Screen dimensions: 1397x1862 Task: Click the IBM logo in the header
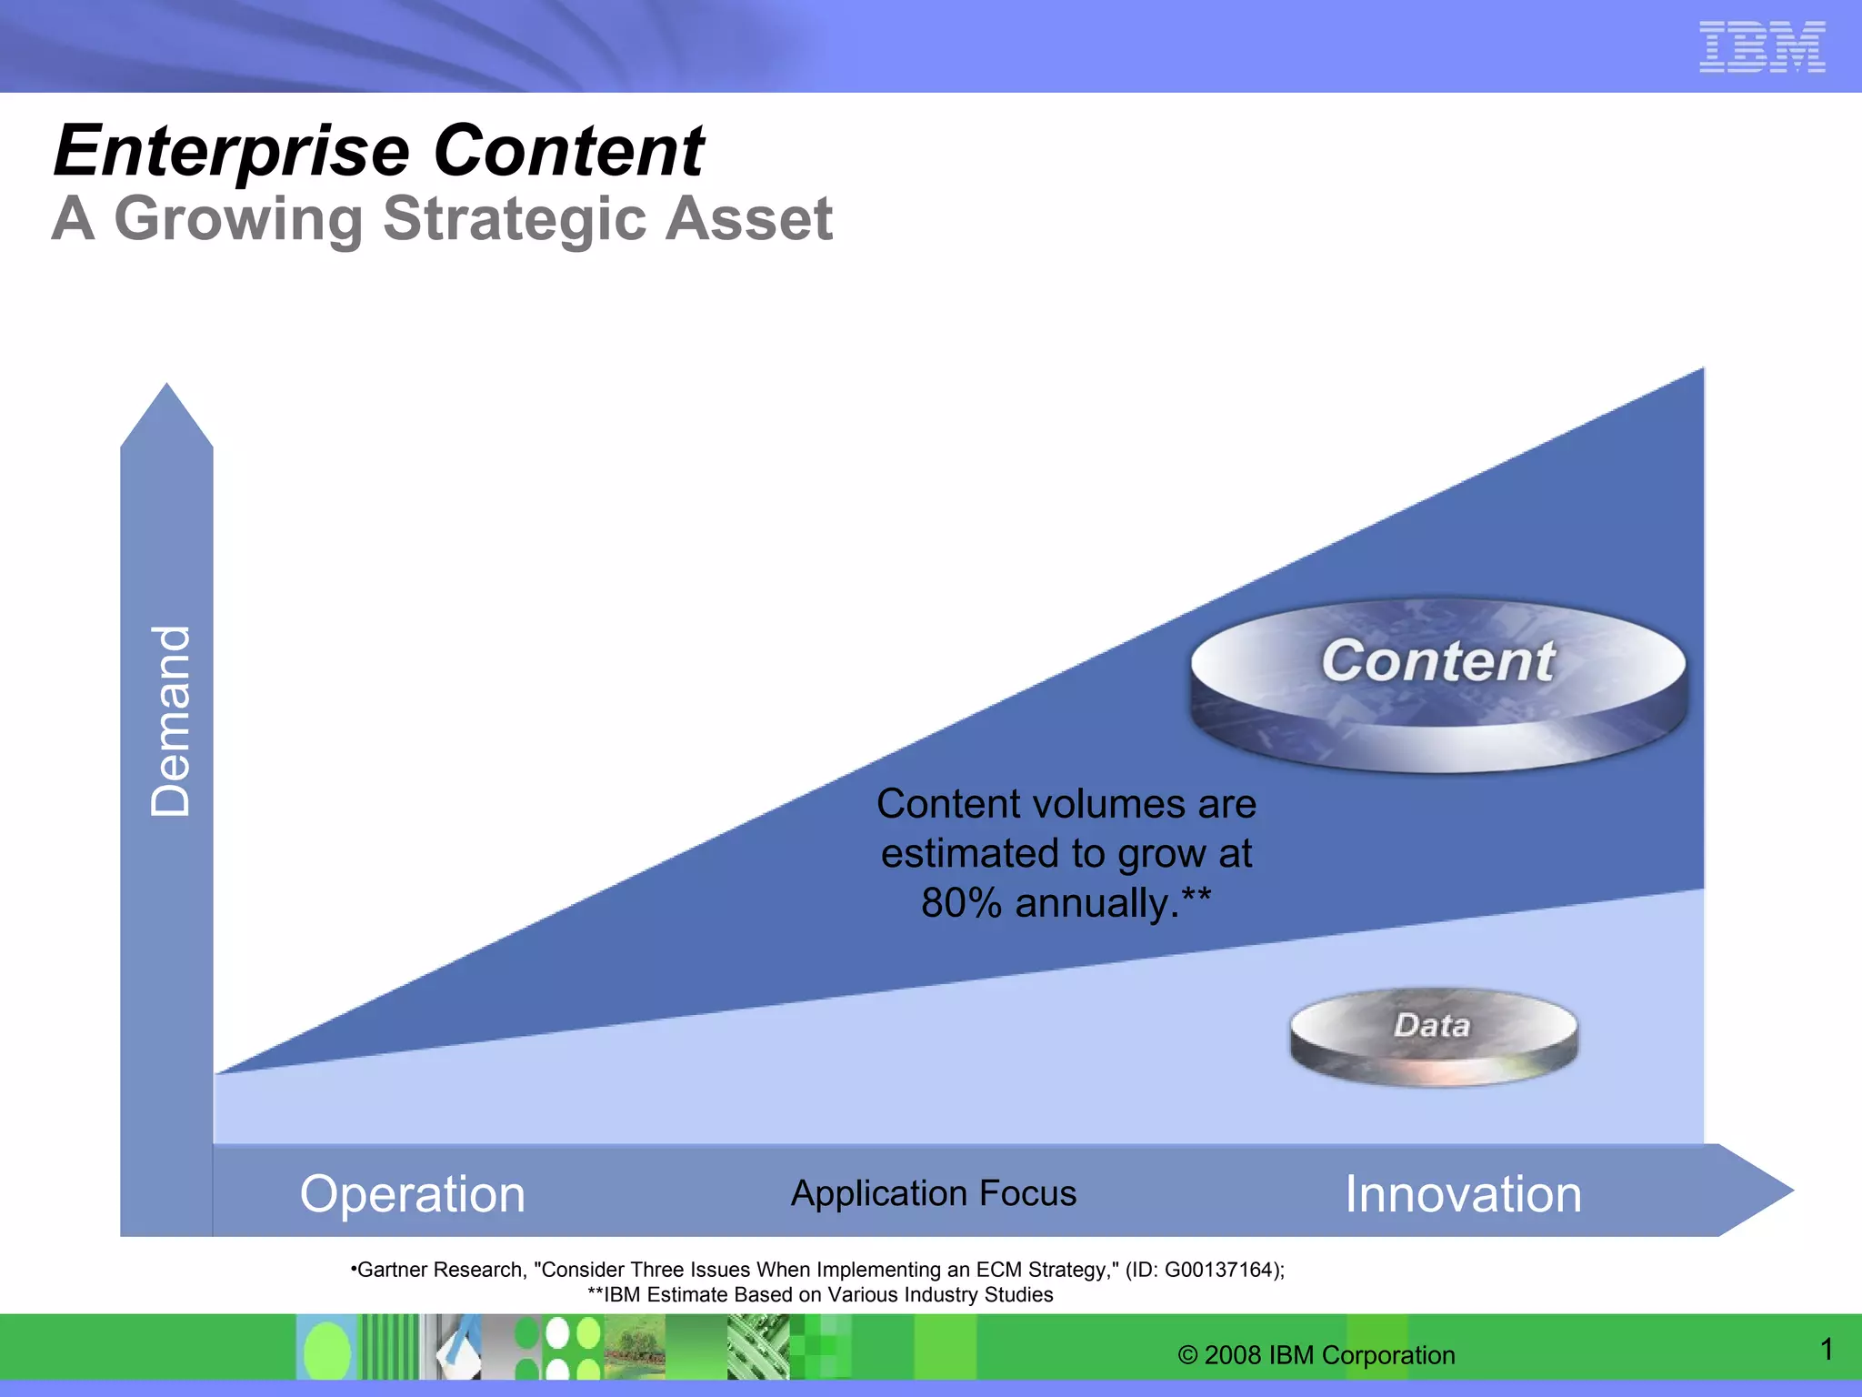click(1762, 46)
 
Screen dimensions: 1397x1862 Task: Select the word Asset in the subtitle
click(748, 219)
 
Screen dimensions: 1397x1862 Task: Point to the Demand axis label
click(170, 720)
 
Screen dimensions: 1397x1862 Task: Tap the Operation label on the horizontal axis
click(412, 1193)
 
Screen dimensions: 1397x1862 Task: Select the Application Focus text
click(933, 1192)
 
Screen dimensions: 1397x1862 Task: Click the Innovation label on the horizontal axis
click(1463, 1193)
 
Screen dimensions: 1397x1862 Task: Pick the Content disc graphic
click(1437, 684)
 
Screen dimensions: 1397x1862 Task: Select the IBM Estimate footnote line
click(820, 1295)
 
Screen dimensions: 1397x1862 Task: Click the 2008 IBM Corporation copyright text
click(1316, 1355)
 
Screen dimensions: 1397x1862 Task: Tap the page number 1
click(1827, 1349)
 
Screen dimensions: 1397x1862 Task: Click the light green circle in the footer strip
click(326, 1352)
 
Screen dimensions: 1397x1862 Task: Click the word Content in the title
click(568, 151)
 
